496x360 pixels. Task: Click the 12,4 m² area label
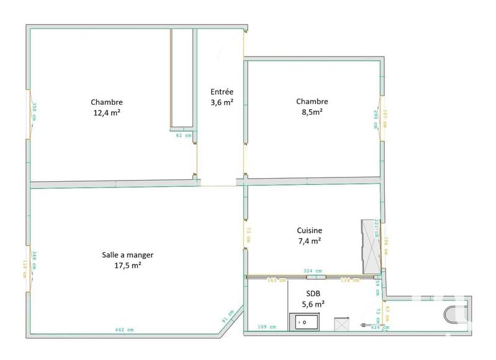point(107,113)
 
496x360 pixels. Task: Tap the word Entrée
point(222,92)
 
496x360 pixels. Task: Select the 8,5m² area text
point(312,112)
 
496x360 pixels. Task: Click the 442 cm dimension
point(124,330)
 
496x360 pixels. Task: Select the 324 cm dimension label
point(312,271)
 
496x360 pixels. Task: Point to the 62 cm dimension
point(183,135)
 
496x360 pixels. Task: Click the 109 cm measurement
point(266,326)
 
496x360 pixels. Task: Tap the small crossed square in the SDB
point(341,325)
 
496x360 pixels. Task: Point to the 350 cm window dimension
point(35,111)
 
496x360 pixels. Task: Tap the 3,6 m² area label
point(222,102)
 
